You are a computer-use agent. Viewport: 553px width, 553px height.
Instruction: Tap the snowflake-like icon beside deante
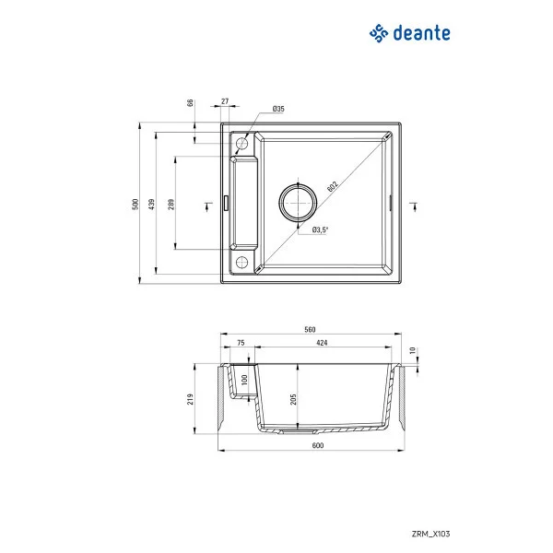click(378, 33)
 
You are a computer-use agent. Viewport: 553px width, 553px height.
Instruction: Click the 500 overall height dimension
click(135, 204)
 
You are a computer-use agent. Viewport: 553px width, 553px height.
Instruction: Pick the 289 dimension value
click(171, 204)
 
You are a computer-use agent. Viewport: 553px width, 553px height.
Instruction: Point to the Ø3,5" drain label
click(321, 229)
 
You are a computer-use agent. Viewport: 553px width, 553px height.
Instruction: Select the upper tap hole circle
click(243, 145)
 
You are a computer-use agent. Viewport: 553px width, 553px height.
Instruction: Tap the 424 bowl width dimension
click(323, 343)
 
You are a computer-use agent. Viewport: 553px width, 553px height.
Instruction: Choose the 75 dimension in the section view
click(241, 343)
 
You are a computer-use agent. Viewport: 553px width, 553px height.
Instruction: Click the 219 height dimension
click(190, 399)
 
